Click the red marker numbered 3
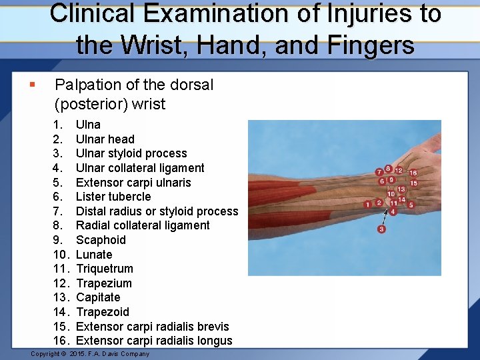[x=381, y=229]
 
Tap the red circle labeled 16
[x=413, y=173]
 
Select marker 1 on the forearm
[x=367, y=204]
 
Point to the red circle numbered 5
[x=411, y=205]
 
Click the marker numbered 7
[x=379, y=172]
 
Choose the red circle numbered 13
[x=401, y=189]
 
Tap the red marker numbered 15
[x=413, y=183]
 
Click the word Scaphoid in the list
[x=101, y=240]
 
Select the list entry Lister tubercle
[x=113, y=197]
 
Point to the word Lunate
[x=94, y=255]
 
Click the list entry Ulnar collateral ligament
[x=140, y=168]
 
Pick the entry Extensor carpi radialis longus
[x=154, y=341]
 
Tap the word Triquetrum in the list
[x=105, y=269]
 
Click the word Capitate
[x=98, y=297]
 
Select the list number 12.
[x=61, y=283]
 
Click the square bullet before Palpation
[x=31, y=85]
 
